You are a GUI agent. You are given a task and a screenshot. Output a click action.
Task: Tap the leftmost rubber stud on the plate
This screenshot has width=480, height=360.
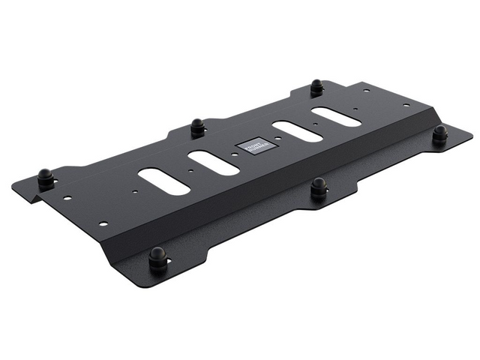click(46, 178)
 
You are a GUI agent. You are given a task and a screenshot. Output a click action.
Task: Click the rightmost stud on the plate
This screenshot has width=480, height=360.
click(440, 134)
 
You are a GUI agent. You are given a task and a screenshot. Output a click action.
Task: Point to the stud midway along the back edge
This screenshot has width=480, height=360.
click(198, 127)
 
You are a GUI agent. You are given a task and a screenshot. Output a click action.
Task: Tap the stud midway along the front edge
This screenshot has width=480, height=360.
click(319, 187)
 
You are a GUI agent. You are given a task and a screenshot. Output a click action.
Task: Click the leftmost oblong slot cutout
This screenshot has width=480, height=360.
click(163, 181)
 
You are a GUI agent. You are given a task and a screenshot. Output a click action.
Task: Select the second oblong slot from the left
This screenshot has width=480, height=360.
click(214, 163)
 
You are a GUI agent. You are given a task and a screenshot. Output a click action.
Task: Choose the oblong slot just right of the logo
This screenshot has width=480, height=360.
click(298, 131)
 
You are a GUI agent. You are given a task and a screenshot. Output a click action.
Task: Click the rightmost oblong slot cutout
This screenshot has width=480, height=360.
click(336, 116)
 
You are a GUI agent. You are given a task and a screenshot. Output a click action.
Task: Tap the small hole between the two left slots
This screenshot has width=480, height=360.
click(190, 171)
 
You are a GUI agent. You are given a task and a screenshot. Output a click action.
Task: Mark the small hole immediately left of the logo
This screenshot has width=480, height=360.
click(234, 154)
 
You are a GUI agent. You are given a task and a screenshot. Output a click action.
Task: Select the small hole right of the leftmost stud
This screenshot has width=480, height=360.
click(67, 199)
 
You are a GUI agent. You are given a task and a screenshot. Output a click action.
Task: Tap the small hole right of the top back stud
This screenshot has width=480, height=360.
click(367, 91)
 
